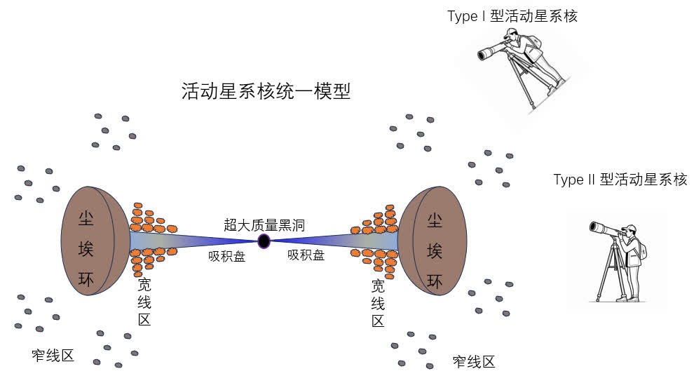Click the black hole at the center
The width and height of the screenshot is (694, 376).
264,242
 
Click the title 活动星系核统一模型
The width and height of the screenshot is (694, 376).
266,92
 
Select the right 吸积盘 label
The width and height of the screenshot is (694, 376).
306,256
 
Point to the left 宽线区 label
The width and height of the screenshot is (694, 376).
144,302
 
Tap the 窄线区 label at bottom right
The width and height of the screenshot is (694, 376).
474,362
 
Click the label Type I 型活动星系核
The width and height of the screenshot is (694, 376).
512,15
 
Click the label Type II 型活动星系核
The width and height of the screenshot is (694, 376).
620,180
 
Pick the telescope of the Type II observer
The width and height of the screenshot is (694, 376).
604,227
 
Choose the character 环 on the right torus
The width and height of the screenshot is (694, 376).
435,281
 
